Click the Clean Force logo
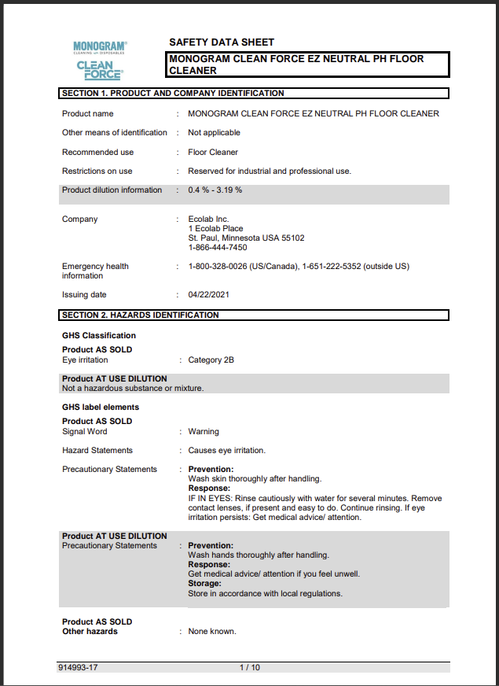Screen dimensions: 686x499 tap(99, 70)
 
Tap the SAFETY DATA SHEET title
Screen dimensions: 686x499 tap(222, 42)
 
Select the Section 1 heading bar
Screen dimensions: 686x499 tap(254, 94)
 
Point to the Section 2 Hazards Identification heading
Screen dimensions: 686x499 tap(254, 315)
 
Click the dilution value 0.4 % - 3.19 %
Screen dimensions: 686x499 tap(215, 190)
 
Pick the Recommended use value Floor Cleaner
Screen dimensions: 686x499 tap(213, 153)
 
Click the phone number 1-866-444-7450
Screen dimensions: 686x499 tap(218, 248)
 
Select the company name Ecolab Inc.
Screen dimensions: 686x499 tap(208, 219)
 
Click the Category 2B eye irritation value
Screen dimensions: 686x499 tap(211, 360)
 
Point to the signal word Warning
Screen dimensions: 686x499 tap(204, 432)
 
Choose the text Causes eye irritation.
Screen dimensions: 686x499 tap(227, 451)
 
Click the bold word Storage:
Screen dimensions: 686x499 tap(204, 584)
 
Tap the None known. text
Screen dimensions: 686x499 tap(212, 632)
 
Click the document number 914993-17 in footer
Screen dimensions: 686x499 tap(79, 668)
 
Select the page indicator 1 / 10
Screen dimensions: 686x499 tap(250, 668)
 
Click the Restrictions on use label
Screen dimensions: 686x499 tap(97, 171)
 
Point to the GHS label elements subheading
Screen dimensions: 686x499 tap(101, 408)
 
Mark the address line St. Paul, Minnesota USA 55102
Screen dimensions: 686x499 tap(247, 238)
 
